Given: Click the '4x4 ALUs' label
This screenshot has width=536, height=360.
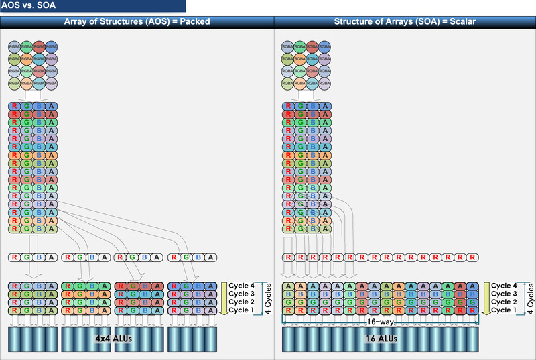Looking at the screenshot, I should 113,338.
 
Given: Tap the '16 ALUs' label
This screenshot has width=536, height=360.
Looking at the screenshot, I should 381,338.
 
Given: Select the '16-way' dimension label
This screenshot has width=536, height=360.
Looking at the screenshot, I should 381,322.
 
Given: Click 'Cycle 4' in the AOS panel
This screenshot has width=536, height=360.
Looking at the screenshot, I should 243,285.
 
